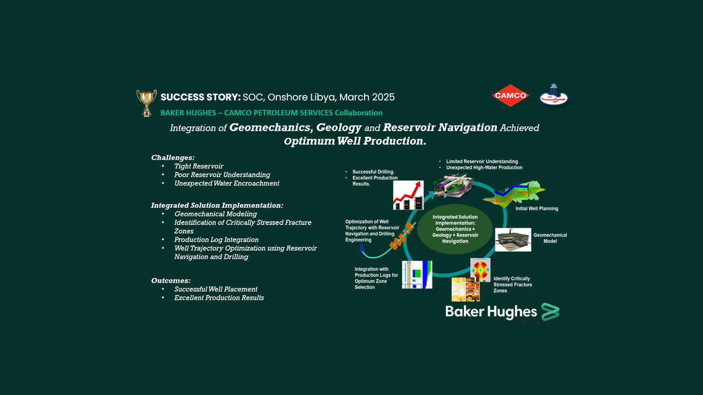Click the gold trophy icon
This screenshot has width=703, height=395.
[x=146, y=103]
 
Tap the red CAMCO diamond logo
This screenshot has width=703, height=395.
[x=510, y=95]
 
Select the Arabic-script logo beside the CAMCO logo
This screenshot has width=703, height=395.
[x=554, y=95]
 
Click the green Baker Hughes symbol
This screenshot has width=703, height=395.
[x=550, y=312]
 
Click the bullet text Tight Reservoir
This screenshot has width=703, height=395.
[x=199, y=166]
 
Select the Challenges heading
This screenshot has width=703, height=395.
[x=173, y=157]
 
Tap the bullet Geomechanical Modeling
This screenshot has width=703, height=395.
[x=215, y=214]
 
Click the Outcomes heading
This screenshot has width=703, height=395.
[x=171, y=280]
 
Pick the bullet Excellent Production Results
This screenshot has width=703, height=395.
[x=219, y=298]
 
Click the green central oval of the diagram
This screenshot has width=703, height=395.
[x=455, y=229]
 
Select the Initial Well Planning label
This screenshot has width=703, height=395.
[x=537, y=208]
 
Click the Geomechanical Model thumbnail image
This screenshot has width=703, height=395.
[x=513, y=240]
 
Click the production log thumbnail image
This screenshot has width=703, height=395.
[x=417, y=275]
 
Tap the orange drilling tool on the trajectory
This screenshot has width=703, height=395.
[x=401, y=235]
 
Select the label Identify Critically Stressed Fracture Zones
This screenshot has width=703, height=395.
[x=512, y=285]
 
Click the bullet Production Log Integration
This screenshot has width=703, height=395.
[x=216, y=239]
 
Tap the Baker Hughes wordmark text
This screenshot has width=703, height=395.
[x=491, y=312]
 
